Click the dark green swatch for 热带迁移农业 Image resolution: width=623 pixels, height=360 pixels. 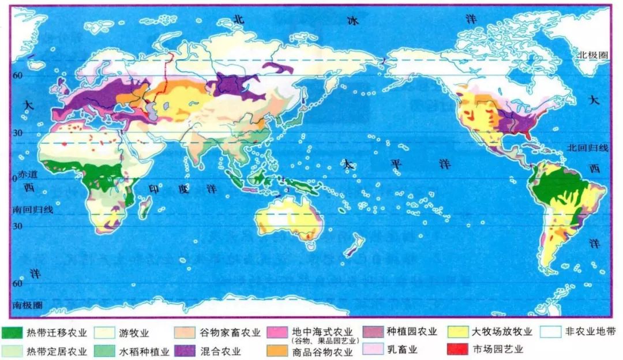click(13, 333)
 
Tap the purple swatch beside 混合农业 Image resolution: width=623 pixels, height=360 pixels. click(185, 350)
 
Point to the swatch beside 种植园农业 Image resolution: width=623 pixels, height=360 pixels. click(373, 333)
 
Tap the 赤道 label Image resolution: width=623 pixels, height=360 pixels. click(27, 173)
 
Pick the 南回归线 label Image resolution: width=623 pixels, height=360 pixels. click(33, 210)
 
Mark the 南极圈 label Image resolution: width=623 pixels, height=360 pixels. click(25, 304)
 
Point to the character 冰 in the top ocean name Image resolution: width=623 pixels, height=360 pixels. click(352, 21)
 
